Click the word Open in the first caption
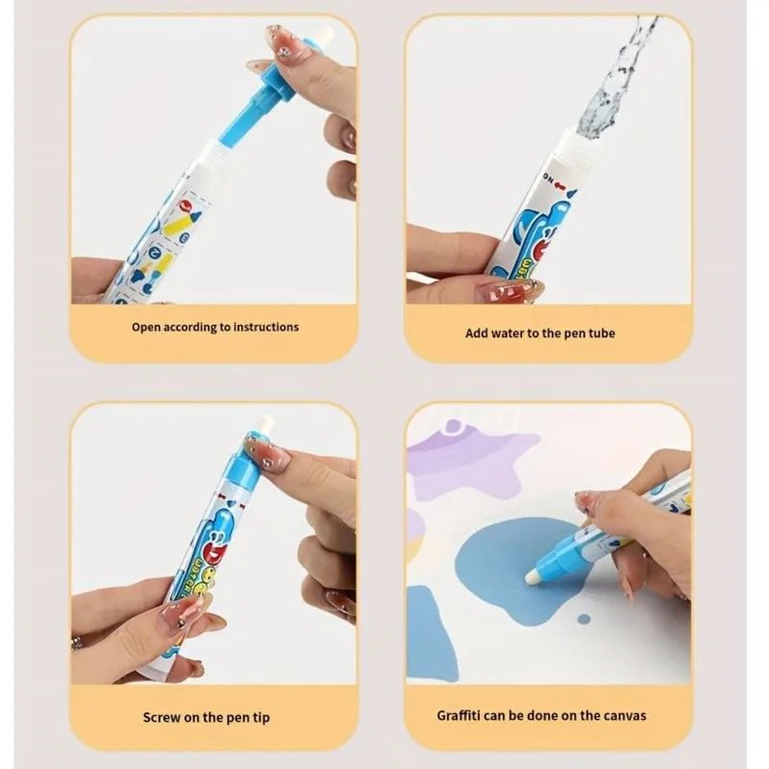pos(147,327)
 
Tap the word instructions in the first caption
pos(261,327)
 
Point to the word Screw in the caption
pos(161,716)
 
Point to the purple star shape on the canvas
pos(471,461)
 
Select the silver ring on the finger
pos(77,642)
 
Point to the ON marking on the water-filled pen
pos(553,179)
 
